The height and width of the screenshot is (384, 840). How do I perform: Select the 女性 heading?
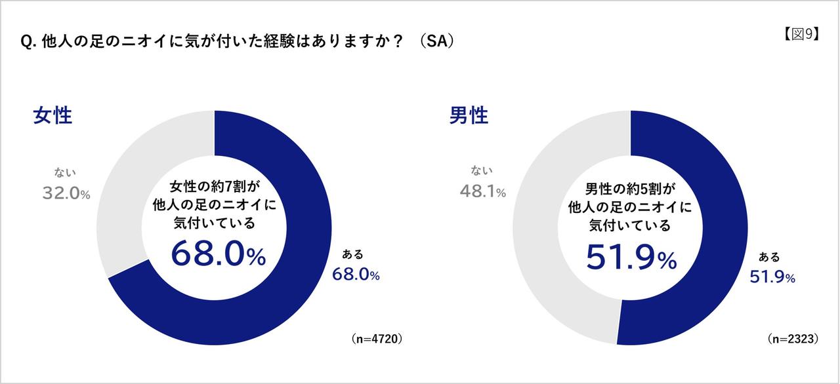[x=52, y=116]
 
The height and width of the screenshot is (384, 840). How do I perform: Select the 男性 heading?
[x=469, y=116]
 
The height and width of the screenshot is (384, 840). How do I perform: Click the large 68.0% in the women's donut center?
[x=219, y=254]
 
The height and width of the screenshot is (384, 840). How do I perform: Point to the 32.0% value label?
[x=66, y=193]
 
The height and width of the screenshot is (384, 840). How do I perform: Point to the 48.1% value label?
[x=482, y=192]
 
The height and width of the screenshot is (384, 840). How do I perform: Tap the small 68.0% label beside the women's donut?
[x=356, y=275]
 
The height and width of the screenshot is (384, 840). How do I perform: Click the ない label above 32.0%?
[x=65, y=173]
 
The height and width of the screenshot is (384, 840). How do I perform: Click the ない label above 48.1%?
[x=481, y=172]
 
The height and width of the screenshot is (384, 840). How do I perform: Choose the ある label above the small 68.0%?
[x=352, y=254]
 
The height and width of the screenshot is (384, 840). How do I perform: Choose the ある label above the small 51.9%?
[x=769, y=257]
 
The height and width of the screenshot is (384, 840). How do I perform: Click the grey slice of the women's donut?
[x=131, y=183]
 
